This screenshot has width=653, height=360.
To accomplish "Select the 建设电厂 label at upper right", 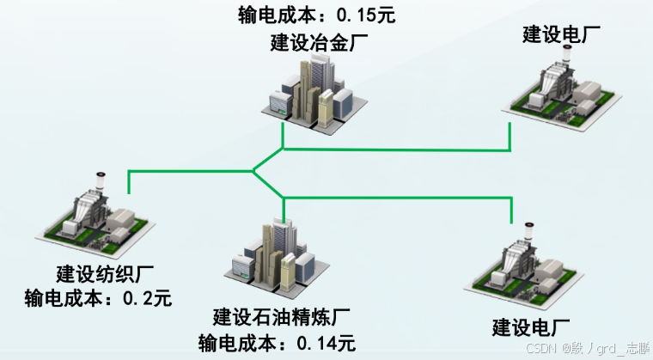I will click(x=561, y=34).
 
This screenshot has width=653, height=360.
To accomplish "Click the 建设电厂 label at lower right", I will click(x=532, y=326).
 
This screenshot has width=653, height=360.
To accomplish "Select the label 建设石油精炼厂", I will click(x=283, y=318).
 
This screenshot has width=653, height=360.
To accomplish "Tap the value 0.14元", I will click(x=326, y=342).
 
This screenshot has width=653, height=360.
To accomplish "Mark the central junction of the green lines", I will click(x=254, y=170).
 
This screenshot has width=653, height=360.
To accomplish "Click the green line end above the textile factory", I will click(x=129, y=182).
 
